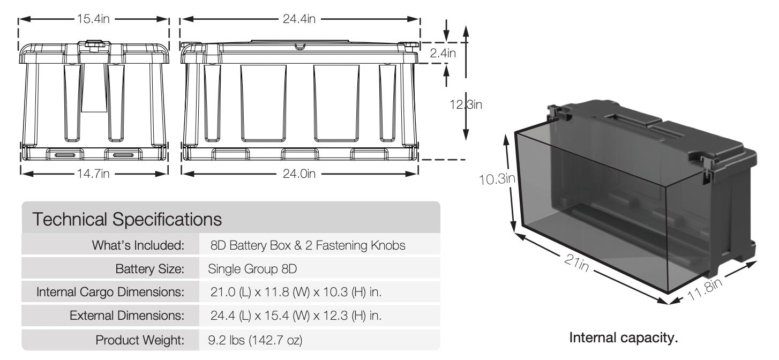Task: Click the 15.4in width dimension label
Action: click(94, 19)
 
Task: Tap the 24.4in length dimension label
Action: click(299, 19)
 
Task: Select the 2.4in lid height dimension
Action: click(443, 53)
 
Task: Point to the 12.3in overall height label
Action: click(465, 105)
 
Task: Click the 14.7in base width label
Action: click(94, 174)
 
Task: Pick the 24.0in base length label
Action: click(299, 174)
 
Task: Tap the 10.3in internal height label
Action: click(497, 179)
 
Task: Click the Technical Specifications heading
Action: click(126, 219)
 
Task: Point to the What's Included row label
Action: click(138, 245)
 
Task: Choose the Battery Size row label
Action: click(149, 268)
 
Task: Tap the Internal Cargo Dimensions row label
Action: click(110, 292)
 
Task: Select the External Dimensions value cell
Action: click(297, 316)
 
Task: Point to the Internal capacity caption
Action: click(623, 338)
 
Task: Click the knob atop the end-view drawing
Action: click(94, 43)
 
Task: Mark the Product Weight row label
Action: click(140, 340)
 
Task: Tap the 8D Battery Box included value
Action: click(308, 245)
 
